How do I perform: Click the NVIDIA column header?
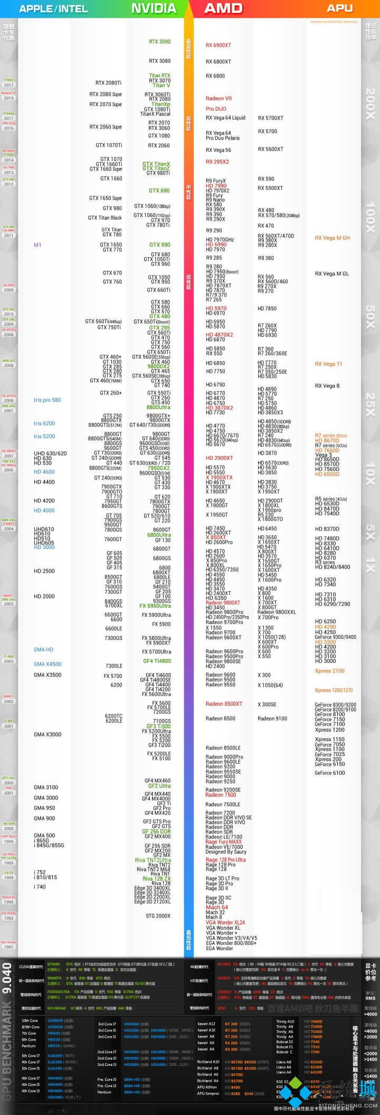(153, 8)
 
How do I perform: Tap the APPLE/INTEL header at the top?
(53, 8)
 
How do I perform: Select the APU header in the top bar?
(339, 8)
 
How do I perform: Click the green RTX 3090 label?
(159, 42)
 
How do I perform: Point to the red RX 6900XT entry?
(218, 45)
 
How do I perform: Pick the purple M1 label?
(37, 245)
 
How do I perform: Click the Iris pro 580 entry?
(47, 400)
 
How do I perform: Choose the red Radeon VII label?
(218, 99)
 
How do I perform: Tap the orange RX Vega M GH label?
(332, 238)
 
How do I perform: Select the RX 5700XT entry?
(270, 118)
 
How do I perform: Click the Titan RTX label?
(159, 76)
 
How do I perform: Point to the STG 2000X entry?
(158, 916)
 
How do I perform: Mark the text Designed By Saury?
(226, 852)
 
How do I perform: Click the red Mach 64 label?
(216, 908)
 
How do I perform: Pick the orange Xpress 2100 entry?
(329, 671)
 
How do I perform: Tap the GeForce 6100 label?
(329, 773)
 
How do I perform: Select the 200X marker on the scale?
(370, 103)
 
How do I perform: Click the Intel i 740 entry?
(40, 887)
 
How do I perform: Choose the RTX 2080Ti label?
(108, 83)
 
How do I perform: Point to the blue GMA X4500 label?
(47, 664)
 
